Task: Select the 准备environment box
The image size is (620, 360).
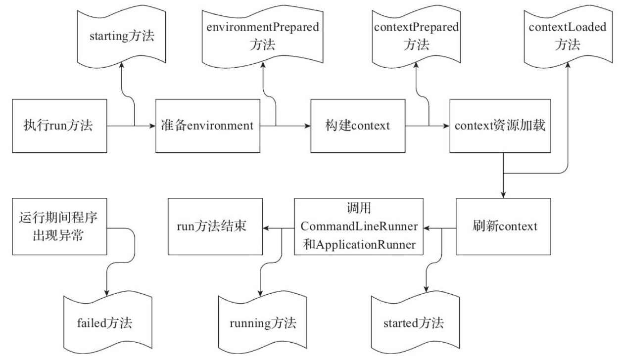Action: tap(207, 126)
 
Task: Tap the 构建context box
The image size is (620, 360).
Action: tap(358, 126)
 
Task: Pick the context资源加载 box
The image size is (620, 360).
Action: tap(501, 126)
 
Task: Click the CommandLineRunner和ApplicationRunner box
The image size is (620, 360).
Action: tap(359, 226)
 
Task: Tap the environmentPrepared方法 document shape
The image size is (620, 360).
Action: tap(262, 37)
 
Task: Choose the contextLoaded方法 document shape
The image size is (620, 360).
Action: tap(567, 37)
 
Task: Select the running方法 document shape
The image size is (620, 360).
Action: tap(263, 323)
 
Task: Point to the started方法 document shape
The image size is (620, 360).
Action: tap(414, 323)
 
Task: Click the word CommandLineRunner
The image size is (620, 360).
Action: tap(359, 226)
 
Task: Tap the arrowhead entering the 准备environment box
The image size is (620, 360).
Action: tap(152, 126)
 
